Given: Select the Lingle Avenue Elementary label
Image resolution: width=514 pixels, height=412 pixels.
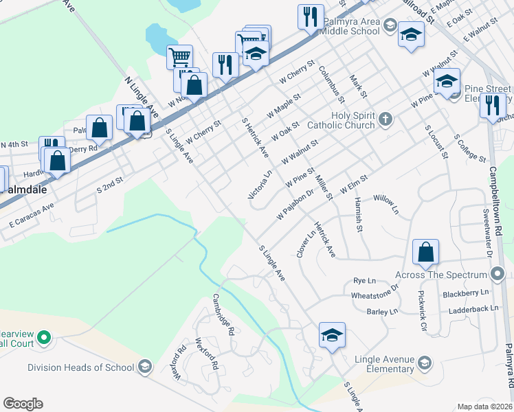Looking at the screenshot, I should [x=385, y=364].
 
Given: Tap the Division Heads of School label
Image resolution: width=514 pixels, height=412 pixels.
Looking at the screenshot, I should [x=81, y=367].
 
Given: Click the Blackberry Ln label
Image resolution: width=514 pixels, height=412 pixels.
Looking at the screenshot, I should [x=466, y=293].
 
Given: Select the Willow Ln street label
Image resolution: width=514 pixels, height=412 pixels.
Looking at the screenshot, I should [x=386, y=204].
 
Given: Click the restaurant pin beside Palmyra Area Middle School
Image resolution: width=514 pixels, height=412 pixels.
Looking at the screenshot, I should [x=311, y=16].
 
